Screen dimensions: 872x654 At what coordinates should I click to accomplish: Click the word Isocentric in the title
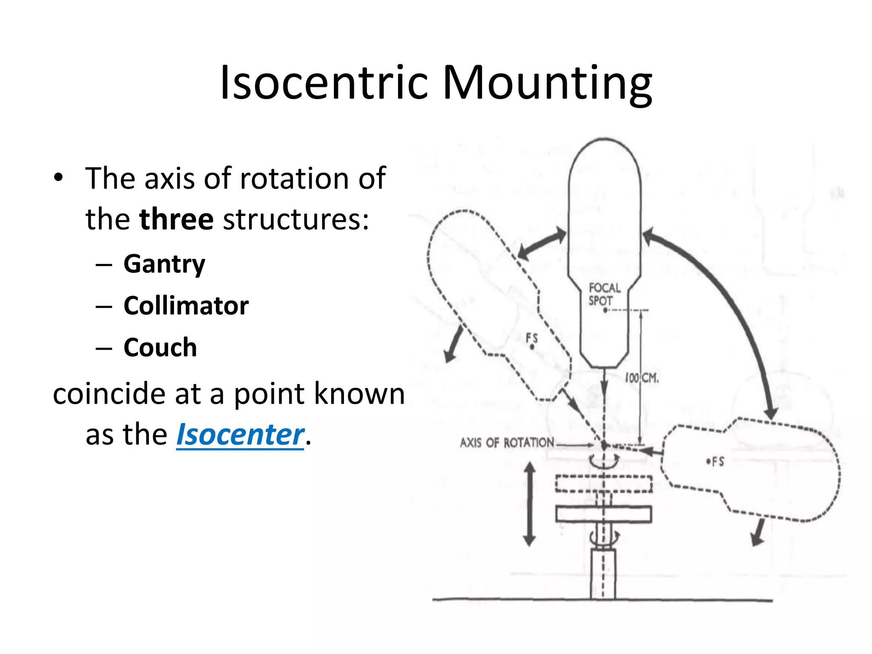click(x=324, y=83)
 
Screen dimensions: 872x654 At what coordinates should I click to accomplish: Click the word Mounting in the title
click(x=547, y=83)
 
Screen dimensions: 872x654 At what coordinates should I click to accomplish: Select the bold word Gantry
click(x=164, y=264)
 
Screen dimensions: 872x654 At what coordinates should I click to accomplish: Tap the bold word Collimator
click(x=186, y=306)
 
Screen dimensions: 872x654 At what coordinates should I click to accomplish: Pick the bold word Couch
click(x=160, y=347)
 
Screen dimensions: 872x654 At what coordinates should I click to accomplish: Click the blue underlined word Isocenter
click(x=240, y=435)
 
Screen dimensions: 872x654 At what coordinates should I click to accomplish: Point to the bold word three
click(x=176, y=219)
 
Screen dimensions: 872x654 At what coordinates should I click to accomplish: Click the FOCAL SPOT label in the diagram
click(x=604, y=294)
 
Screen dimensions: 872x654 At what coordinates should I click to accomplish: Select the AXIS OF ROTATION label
click(x=507, y=443)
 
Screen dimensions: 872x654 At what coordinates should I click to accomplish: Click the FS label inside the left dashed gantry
click(x=532, y=338)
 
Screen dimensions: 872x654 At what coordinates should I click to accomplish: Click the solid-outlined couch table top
click(x=603, y=514)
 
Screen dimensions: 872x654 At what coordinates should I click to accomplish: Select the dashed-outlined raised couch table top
click(x=603, y=484)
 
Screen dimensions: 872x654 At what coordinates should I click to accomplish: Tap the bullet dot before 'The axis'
click(x=58, y=178)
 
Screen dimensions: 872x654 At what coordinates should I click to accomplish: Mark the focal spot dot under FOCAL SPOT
click(x=605, y=310)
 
